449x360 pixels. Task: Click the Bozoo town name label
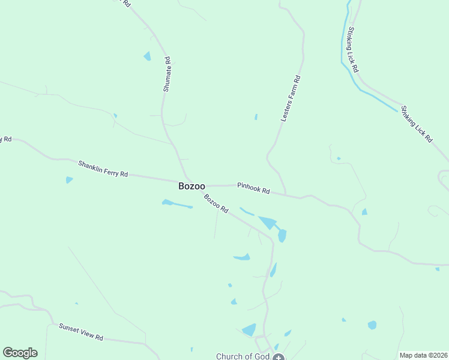tap(192, 186)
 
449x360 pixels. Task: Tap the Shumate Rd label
tap(167, 74)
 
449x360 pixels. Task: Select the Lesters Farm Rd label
tap(291, 99)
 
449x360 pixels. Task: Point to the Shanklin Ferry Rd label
tap(103, 169)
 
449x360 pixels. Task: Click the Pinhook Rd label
tap(253, 188)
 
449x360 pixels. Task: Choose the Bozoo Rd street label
tap(216, 204)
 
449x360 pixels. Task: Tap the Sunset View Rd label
tap(81, 332)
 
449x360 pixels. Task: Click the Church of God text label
tap(243, 356)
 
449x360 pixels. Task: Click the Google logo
tap(20, 353)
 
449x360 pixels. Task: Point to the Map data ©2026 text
tap(423, 355)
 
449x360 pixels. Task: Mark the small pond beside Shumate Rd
tap(147, 56)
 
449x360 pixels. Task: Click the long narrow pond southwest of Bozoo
tap(176, 204)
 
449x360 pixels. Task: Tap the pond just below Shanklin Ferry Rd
tap(69, 179)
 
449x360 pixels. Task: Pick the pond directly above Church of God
tap(249, 329)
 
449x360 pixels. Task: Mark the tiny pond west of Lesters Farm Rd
tap(256, 117)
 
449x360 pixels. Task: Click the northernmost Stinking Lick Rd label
tap(352, 50)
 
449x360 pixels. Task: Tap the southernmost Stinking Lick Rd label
tap(417, 124)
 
